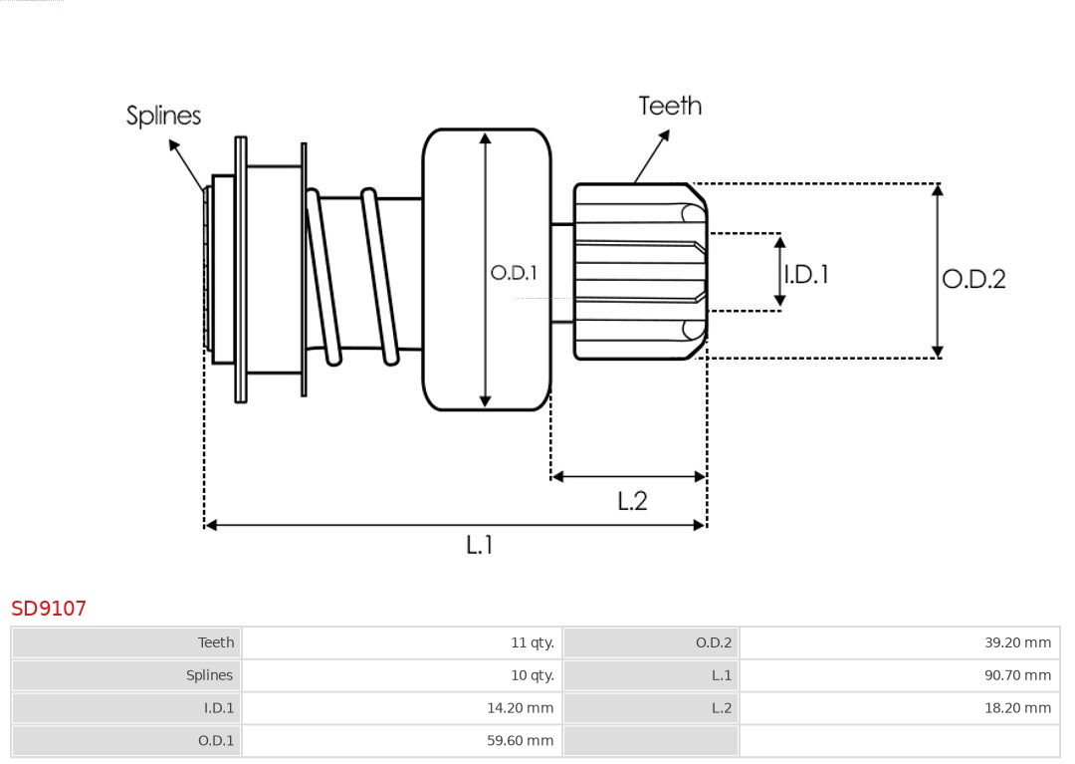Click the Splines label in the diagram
point(163,116)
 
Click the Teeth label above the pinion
point(670,106)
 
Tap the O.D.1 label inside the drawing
point(514,272)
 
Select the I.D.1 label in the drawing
point(805,274)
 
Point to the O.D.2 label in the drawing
point(973,279)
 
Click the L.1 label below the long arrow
point(480,544)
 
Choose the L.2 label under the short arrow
point(632,500)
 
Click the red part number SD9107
point(49,608)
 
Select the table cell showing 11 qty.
point(532,642)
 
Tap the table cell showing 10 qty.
point(532,675)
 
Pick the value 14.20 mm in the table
point(527,708)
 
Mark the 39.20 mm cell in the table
point(1017,642)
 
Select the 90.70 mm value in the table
point(1017,675)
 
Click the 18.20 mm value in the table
point(1017,708)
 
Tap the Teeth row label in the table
point(216,642)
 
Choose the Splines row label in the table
point(209,675)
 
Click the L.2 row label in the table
point(721,708)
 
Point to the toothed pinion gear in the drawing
point(639,271)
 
